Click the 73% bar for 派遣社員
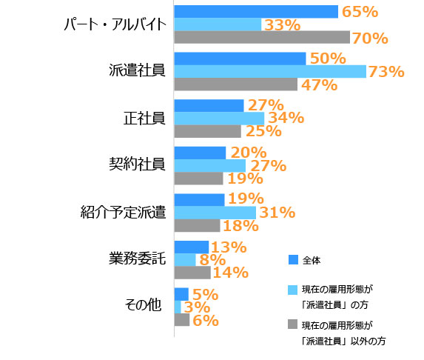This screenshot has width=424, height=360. tap(269, 71)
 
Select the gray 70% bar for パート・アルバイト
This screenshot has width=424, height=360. tap(261, 37)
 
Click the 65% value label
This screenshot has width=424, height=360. tap(360, 11)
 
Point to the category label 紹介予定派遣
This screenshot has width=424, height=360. tap(122, 213)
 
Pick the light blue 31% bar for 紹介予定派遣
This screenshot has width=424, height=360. tap(215, 213)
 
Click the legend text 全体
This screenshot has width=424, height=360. tap(312, 259)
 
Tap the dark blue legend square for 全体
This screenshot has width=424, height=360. tap(292, 259)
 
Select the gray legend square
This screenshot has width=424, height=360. tap(292, 325)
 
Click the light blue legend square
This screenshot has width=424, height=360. tap(292, 290)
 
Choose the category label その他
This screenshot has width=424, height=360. tap(144, 304)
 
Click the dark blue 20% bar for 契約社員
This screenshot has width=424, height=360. tap(200, 153)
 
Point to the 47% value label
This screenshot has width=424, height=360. tap(320, 84)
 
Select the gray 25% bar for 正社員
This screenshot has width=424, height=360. tap(207, 131)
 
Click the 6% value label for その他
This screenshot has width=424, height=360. tap(205, 321)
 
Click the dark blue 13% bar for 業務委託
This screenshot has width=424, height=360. tap(191, 247)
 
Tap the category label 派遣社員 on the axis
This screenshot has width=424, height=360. tap(136, 71)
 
